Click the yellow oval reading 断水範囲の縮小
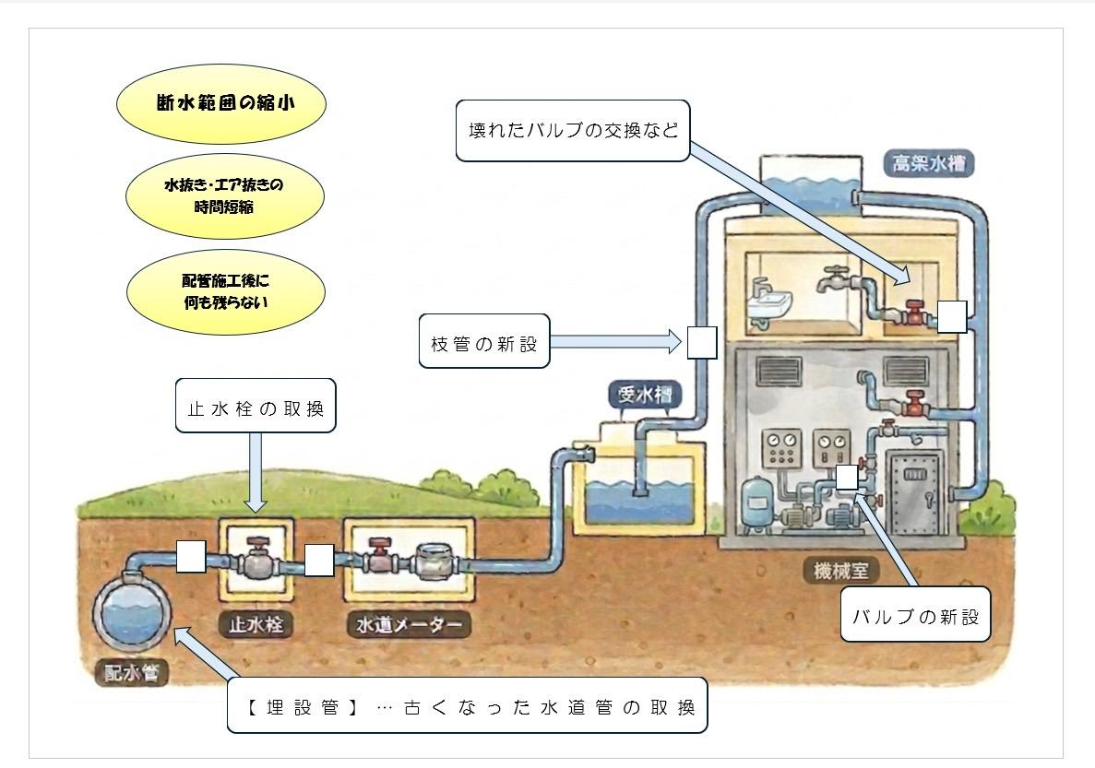pos(221,103)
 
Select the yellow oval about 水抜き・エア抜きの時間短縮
pos(225,196)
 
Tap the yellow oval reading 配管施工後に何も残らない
pos(226,292)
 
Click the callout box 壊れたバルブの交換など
pos(573,131)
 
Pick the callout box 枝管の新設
pos(484,341)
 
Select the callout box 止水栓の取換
pos(256,406)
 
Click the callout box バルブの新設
pos(915,614)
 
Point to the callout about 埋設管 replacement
pos(467,705)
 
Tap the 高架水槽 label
pos(928,163)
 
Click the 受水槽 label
pos(645,396)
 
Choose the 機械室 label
pos(840,571)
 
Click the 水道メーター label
pos(409,624)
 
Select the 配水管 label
pos(131,672)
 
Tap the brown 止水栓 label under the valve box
pos(256,623)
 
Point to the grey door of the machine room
pos(914,492)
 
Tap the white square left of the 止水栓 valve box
pos(191,557)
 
